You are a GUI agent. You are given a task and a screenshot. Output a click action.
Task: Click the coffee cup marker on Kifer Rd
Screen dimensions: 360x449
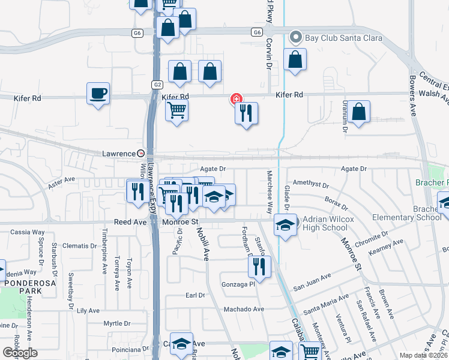coord(98,94)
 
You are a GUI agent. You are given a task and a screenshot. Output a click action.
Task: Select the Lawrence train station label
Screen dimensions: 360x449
coord(118,154)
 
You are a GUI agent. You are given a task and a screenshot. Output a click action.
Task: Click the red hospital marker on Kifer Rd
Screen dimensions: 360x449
coord(237,99)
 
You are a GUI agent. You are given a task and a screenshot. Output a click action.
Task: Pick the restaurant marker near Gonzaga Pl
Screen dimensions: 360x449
coord(259,266)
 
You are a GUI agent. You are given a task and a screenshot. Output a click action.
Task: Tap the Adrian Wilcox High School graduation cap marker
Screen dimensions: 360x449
coord(285,225)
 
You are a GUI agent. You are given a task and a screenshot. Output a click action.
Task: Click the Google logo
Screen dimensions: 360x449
coord(20,353)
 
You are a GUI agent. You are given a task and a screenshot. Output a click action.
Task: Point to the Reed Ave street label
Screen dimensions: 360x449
coord(130,222)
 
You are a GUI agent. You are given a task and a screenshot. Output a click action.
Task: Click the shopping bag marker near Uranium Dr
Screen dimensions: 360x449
coord(358,112)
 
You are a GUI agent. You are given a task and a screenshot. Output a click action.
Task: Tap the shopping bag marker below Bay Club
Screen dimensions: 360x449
coord(295,60)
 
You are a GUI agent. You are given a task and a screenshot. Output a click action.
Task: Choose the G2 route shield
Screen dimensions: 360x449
coord(157,85)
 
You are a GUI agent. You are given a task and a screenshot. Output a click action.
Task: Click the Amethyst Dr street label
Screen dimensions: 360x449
coord(311,185)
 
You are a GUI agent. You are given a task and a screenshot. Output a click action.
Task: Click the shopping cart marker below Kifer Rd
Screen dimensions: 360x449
coord(177,110)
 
